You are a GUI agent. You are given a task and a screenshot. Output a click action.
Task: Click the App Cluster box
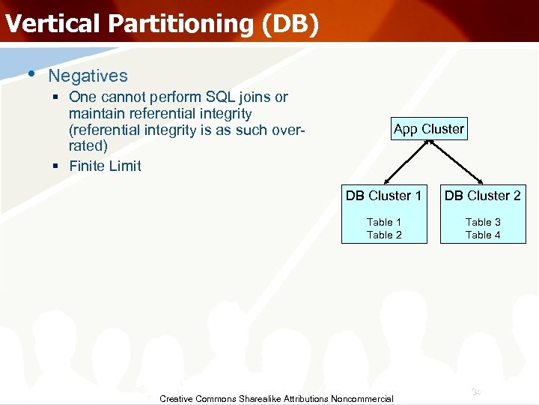click(428, 129)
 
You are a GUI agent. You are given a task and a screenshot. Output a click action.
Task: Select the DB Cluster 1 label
click(383, 196)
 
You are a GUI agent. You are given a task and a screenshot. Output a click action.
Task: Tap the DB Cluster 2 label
click(483, 196)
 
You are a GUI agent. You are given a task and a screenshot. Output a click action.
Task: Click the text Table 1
click(384, 222)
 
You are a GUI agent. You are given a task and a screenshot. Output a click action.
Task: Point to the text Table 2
click(384, 235)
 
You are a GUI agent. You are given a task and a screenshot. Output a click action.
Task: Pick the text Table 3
click(483, 222)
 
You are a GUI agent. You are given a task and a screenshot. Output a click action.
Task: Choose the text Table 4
click(483, 235)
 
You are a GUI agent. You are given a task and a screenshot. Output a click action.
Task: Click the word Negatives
click(88, 76)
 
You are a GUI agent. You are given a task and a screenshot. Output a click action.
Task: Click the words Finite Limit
click(105, 166)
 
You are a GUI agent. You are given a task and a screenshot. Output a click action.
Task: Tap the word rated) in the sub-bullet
click(88, 145)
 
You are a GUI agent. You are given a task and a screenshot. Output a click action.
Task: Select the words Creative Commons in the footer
click(198, 399)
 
